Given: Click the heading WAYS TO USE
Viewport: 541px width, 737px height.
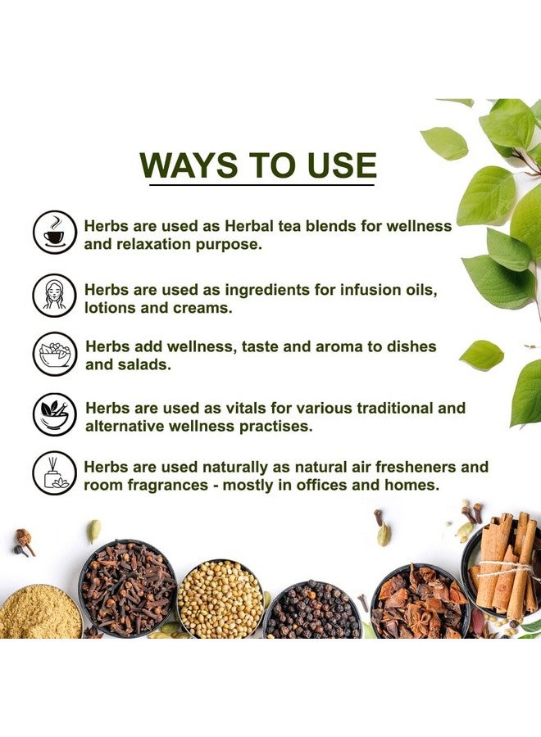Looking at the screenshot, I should (257, 165).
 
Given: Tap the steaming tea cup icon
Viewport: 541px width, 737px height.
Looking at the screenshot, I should (54, 232).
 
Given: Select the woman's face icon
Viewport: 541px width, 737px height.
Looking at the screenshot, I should (54, 294).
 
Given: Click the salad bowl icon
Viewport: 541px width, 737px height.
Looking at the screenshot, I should (54, 354).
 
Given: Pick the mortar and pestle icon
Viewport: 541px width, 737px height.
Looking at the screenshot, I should (54, 414).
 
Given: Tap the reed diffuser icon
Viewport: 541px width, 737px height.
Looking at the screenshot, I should (54, 473).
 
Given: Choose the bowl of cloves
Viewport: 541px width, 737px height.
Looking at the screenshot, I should (127, 588).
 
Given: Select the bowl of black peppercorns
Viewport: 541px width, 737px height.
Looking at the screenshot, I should (313, 610).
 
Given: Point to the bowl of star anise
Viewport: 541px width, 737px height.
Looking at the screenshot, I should (418, 604).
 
